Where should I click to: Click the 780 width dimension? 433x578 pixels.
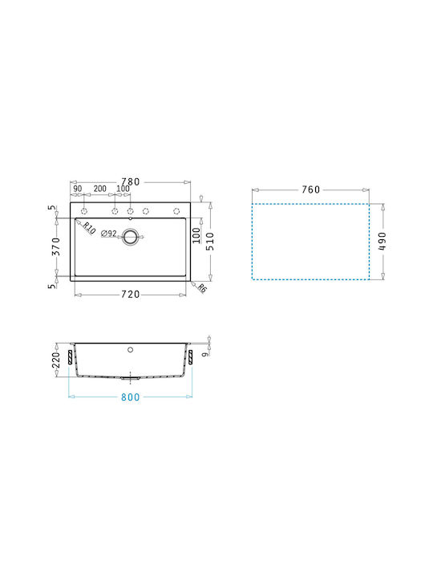pyautogui.click(x=131, y=181)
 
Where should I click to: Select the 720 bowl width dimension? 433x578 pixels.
pyautogui.click(x=131, y=294)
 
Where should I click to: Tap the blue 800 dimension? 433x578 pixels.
pyautogui.click(x=131, y=397)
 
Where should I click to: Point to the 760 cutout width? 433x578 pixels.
pyautogui.click(x=311, y=189)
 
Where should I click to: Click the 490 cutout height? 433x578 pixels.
pyautogui.click(x=382, y=241)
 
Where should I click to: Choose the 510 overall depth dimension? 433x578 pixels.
pyautogui.click(x=210, y=242)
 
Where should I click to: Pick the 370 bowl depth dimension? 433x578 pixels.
pyautogui.click(x=55, y=246)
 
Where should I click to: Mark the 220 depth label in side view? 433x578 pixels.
pyautogui.click(x=55, y=360)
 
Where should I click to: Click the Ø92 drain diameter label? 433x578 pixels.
pyautogui.click(x=109, y=234)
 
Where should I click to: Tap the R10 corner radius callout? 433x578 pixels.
pyautogui.click(x=88, y=228)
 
